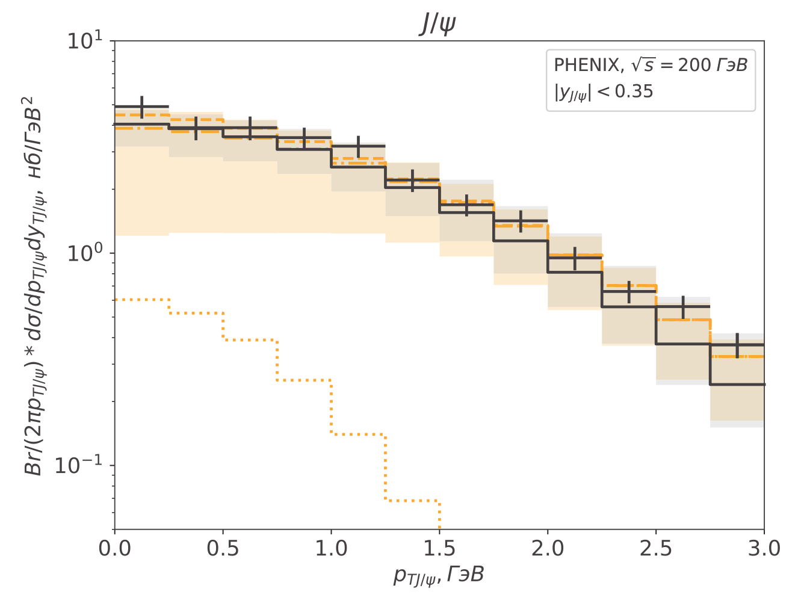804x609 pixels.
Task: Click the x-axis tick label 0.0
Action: [x=114, y=549]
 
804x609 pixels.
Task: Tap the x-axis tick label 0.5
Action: [x=223, y=549]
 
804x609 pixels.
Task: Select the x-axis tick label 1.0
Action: [x=331, y=549]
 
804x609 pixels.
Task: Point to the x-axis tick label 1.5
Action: [x=439, y=549]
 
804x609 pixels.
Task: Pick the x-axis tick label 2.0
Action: [x=548, y=549]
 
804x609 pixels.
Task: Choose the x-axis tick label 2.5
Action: [x=656, y=549]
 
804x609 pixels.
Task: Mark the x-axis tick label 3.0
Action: [x=764, y=549]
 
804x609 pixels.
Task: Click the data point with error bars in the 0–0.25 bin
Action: [x=141, y=107]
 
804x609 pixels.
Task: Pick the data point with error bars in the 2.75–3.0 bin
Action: [x=737, y=345]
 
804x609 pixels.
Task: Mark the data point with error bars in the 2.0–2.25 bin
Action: [x=575, y=258]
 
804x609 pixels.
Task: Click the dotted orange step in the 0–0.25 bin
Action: [x=141, y=299]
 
